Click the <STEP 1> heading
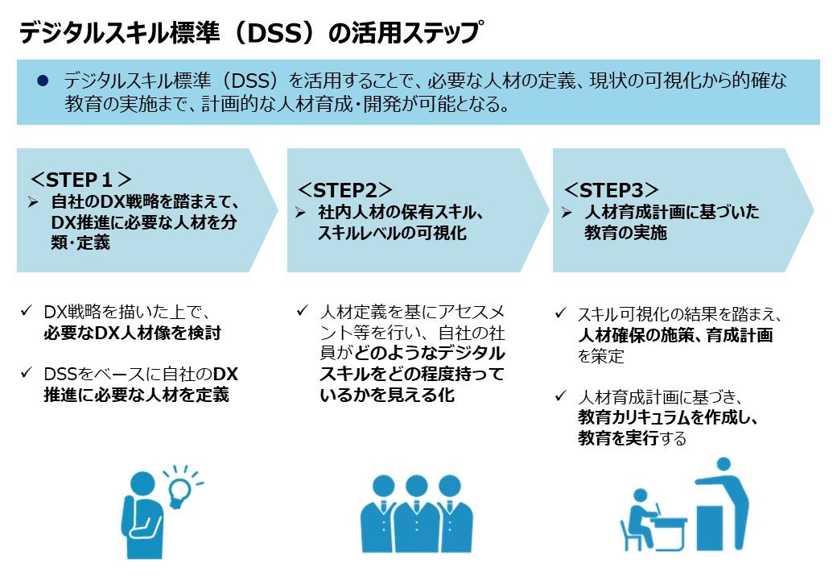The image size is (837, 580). tap(80, 180)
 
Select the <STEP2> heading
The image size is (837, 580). tap(344, 190)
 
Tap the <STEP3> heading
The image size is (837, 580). tap(611, 190)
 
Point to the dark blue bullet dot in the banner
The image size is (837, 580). tap(43, 81)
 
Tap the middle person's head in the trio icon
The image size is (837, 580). tap(416, 486)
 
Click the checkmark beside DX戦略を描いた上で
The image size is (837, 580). tap(26, 310)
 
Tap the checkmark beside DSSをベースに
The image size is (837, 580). tap(26, 372)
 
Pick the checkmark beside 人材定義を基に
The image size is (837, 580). tap(302, 310)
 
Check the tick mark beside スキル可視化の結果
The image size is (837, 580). tap(560, 313)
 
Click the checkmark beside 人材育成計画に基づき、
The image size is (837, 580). tap(560, 396)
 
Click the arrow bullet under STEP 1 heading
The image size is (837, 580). tap(33, 202)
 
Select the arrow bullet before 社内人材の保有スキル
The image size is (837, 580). tap(300, 213)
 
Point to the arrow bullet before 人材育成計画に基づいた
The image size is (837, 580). tap(567, 213)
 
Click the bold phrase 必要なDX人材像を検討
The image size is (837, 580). tap(132, 333)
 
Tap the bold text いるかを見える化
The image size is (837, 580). tap(387, 395)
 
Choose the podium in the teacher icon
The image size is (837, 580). tap(709, 528)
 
